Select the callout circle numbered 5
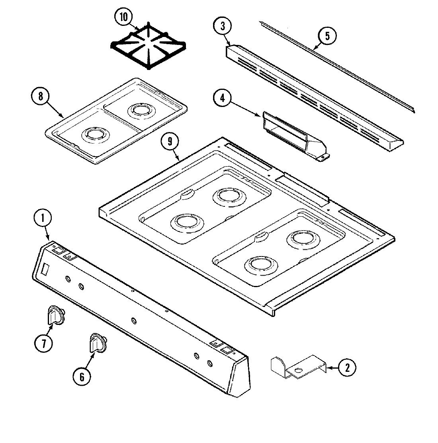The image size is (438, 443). [x=327, y=36]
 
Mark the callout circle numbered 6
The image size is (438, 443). [x=82, y=376]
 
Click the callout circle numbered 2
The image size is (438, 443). [x=347, y=368]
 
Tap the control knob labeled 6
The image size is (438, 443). [x=98, y=343]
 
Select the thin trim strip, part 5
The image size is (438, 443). [x=338, y=68]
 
